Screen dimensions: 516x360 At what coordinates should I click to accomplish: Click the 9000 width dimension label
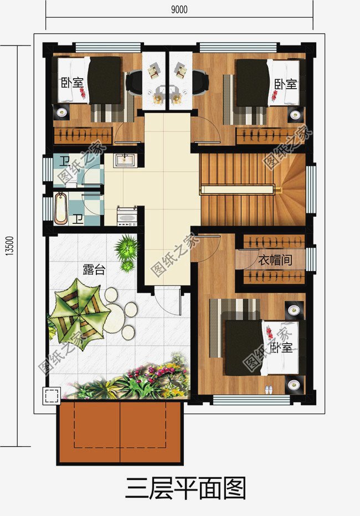[179, 9]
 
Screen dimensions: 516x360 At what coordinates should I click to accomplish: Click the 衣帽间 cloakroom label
[275, 260]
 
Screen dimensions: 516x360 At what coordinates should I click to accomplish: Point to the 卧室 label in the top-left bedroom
[72, 84]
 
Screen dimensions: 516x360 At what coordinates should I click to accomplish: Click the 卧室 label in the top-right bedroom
[286, 84]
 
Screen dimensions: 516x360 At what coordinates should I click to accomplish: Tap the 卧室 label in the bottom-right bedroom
[281, 348]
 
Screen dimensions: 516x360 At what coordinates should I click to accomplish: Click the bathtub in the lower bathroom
[60, 208]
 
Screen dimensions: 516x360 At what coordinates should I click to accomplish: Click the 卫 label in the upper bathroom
[64, 162]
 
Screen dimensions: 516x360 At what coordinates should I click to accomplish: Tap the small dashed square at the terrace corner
[52, 396]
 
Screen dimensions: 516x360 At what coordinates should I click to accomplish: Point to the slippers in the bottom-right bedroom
[269, 390]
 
